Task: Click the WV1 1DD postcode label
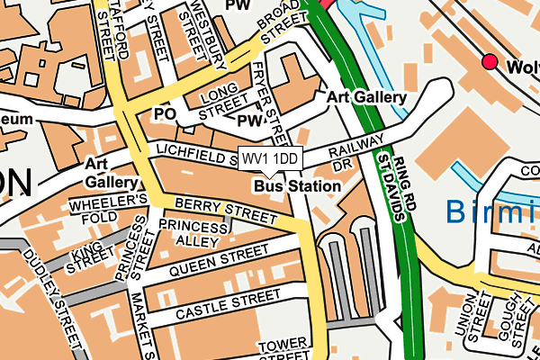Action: tap(270, 158)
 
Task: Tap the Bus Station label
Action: tap(297, 186)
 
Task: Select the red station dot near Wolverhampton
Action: tap(490, 61)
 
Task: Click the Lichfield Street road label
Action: tap(195, 150)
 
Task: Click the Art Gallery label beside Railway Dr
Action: tap(365, 97)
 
